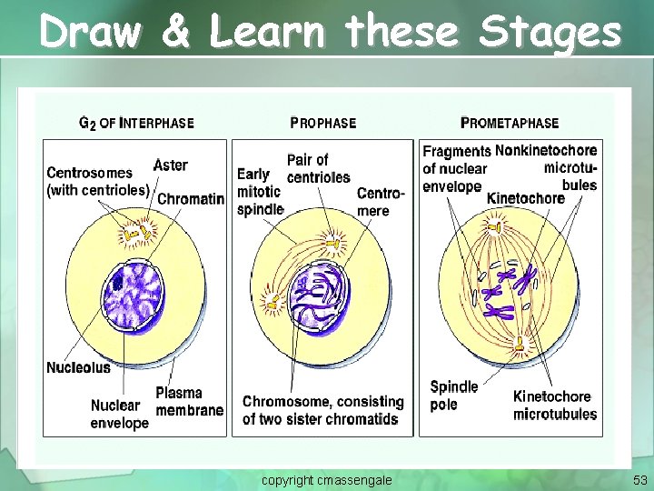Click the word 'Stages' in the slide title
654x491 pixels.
[550, 33]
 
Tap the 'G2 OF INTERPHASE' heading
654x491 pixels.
[136, 123]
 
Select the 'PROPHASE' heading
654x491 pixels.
[322, 123]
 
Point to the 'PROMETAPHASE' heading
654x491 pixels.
[510, 123]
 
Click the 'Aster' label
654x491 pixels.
[171, 165]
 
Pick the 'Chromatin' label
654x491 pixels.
[191, 199]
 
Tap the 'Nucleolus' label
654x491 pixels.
[78, 367]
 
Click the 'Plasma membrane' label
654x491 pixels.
[189, 402]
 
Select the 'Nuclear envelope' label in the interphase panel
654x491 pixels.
[119, 415]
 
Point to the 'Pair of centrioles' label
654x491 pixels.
[318, 168]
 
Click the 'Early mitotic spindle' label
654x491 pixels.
[260, 192]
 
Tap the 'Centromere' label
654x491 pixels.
[374, 202]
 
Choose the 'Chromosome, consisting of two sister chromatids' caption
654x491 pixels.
[322, 410]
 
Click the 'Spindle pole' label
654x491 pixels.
[453, 396]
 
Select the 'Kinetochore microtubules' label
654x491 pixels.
[555, 406]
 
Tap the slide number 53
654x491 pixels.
[639, 479]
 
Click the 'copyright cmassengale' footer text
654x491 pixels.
[327, 479]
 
